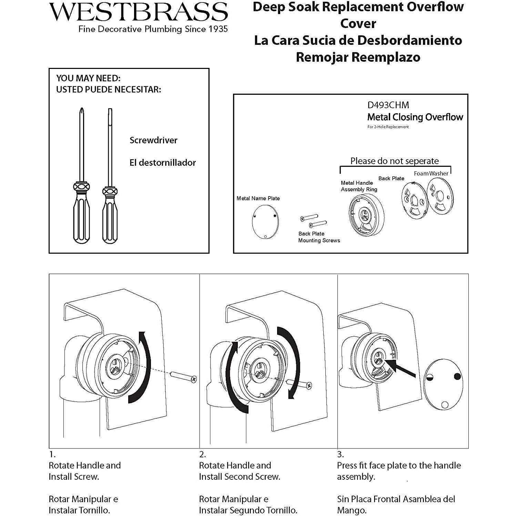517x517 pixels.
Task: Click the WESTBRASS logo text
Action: [x=138, y=12]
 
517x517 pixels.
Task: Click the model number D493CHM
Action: [x=388, y=105]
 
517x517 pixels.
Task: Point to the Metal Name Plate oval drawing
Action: [x=265, y=222]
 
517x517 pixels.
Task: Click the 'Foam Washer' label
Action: [x=431, y=173]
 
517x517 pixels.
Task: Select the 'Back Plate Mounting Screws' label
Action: [x=319, y=237]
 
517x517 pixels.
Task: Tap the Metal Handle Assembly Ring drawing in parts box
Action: [x=366, y=215]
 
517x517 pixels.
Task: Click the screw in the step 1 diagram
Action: [x=184, y=376]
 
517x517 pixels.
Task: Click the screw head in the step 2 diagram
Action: [x=309, y=385]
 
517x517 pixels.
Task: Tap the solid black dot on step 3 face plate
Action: [x=457, y=376]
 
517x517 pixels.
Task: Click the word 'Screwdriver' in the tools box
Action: [x=153, y=140]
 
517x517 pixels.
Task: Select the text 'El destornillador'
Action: [x=162, y=163]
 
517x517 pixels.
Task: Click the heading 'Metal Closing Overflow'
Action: [x=415, y=117]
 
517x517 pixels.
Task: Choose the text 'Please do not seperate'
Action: [x=394, y=161]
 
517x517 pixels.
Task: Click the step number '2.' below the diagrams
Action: [x=202, y=455]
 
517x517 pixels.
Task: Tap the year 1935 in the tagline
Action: [x=218, y=29]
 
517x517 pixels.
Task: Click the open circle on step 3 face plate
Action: [x=445, y=405]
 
